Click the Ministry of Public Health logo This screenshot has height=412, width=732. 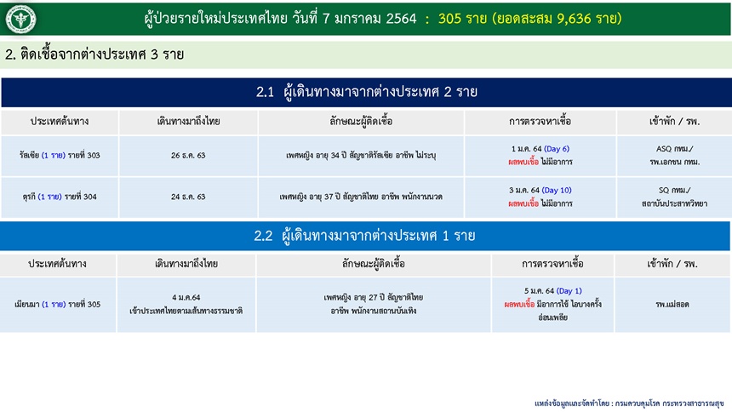pyautogui.click(x=20, y=19)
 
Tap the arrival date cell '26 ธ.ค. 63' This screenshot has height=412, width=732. pyautogui.click(x=188, y=156)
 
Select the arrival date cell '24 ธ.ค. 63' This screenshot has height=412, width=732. pyautogui.click(x=188, y=197)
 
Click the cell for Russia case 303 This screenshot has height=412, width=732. pyautogui.click(x=60, y=156)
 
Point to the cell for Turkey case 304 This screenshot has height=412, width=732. pyautogui.click(x=60, y=197)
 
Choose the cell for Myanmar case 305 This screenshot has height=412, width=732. pyautogui.click(x=58, y=305)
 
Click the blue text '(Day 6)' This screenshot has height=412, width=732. pyautogui.click(x=557, y=149)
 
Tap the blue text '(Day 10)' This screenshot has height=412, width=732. pyautogui.click(x=557, y=191)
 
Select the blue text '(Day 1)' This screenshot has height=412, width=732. pyautogui.click(x=569, y=291)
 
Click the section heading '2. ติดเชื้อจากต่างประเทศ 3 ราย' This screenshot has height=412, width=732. pyautogui.click(x=94, y=54)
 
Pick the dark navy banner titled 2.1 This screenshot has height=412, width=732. pyautogui.click(x=366, y=92)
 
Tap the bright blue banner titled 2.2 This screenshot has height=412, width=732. pyautogui.click(x=365, y=236)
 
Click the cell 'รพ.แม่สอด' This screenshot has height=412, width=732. pyautogui.click(x=672, y=305)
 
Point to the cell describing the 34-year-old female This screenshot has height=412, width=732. pyautogui.click(x=361, y=156)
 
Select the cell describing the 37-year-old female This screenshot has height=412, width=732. pyautogui.click(x=361, y=197)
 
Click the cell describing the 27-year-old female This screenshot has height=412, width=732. pyautogui.click(x=374, y=305)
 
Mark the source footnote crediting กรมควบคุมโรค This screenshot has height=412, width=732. pyautogui.click(x=629, y=403)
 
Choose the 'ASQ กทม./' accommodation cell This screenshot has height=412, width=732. pyautogui.click(x=675, y=156)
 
